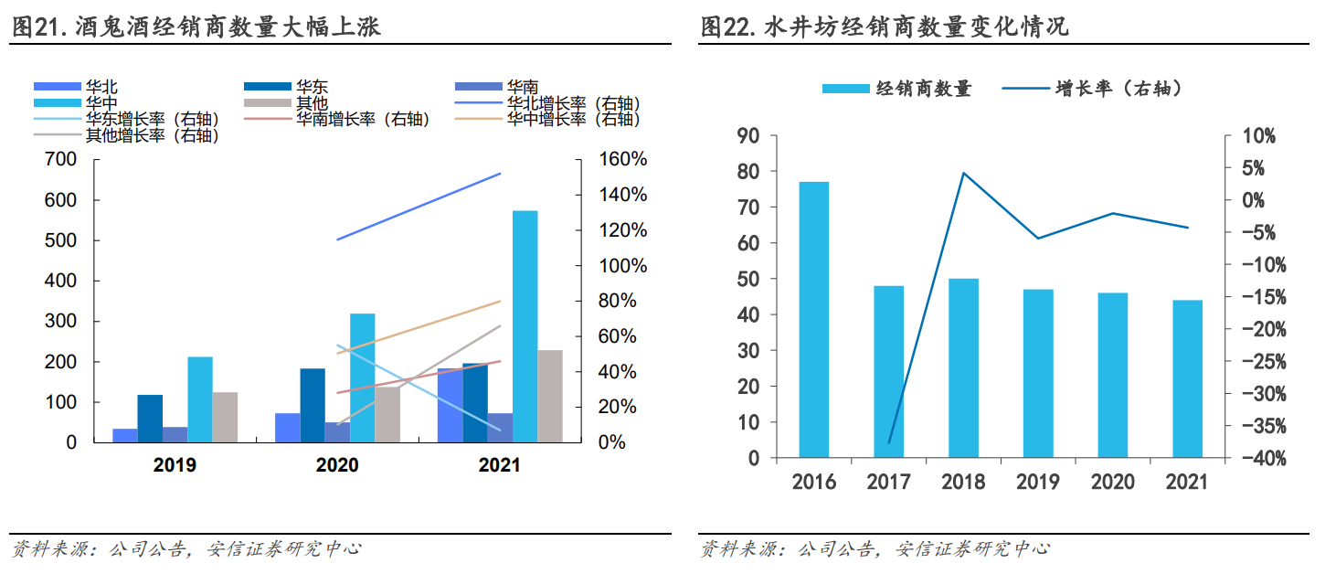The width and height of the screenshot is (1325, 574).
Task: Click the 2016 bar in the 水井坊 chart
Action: click(813, 319)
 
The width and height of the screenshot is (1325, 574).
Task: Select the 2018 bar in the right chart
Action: click(963, 367)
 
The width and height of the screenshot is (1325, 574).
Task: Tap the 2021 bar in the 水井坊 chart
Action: click(1187, 378)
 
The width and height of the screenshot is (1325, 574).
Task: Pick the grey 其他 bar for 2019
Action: click(225, 417)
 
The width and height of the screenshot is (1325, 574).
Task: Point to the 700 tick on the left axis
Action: click(61, 160)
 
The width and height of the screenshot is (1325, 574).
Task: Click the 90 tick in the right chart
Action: click(747, 136)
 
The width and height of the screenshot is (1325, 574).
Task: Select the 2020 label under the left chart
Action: click(337, 465)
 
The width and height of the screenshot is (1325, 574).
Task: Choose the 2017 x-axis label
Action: click(888, 482)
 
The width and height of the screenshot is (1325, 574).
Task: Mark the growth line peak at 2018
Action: click(963, 173)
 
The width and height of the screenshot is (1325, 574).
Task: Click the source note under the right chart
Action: click(874, 549)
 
